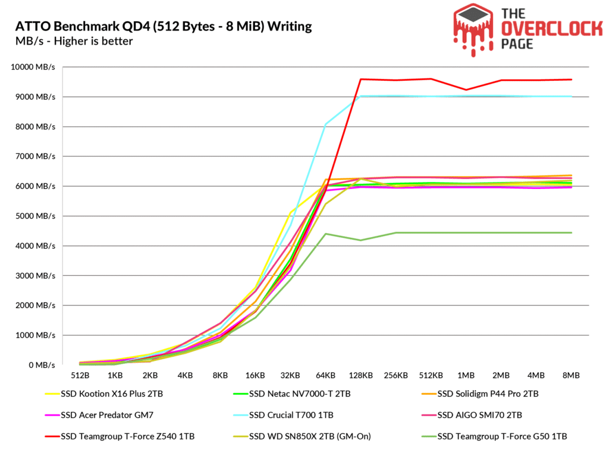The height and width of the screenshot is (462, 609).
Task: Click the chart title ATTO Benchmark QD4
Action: coord(161,27)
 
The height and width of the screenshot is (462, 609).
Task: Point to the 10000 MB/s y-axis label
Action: coord(33,67)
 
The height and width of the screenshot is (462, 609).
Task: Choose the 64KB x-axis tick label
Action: coord(325,376)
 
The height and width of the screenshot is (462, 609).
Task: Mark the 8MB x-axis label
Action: coord(570,376)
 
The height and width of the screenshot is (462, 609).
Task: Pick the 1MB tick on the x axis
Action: coord(466,376)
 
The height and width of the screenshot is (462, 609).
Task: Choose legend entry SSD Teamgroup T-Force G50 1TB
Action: coord(502,436)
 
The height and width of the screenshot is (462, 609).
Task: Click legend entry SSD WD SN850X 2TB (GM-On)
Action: coord(303,436)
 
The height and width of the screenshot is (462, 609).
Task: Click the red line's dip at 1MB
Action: coord(466,90)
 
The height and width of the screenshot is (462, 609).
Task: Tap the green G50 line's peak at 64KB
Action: coord(325,234)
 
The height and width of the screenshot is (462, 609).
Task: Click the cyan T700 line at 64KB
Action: coord(325,124)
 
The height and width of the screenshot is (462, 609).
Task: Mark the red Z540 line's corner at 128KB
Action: coord(360,79)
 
